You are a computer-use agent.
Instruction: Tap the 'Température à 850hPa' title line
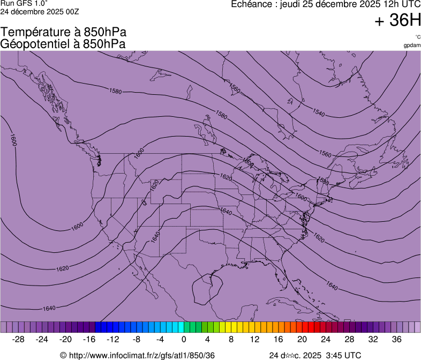63,33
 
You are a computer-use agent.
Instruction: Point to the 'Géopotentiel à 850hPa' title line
63,44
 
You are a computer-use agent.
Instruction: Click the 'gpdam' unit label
412,46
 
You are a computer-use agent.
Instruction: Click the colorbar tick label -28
19,340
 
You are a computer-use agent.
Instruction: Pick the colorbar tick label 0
184,340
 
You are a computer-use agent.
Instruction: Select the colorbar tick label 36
396,340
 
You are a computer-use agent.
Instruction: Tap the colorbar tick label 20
302,340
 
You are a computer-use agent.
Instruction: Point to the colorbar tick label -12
113,340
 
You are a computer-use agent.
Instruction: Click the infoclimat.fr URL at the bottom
138,355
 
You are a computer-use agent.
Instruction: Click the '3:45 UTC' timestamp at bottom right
343,355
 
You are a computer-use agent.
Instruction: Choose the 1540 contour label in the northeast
319,113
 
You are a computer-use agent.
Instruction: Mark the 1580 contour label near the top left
115,92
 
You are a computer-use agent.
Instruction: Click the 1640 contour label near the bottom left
49,308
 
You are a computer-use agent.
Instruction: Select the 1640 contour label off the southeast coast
332,287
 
